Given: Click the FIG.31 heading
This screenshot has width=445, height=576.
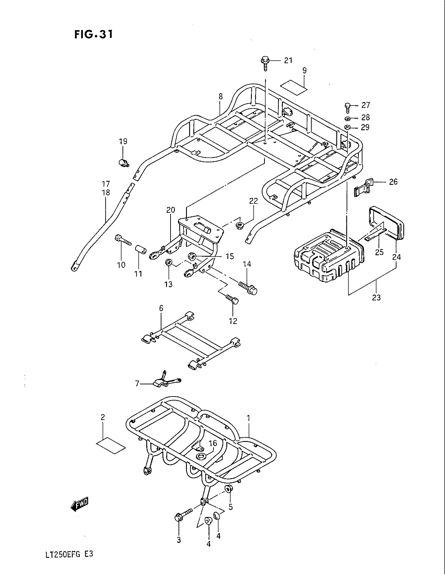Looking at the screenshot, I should pos(94,35).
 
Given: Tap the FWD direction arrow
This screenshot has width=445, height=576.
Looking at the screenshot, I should pos(80,505).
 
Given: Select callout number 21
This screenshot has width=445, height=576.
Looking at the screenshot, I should pos(288,61).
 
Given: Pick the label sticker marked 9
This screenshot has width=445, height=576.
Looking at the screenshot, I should pos(294,87).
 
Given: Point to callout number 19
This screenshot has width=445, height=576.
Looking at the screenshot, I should pos(123,141).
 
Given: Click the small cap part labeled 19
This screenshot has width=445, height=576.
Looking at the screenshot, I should pos(123,163).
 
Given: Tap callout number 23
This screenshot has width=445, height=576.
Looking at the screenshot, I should pos(376,297).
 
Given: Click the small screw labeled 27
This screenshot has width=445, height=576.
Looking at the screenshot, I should pos(347,107).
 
